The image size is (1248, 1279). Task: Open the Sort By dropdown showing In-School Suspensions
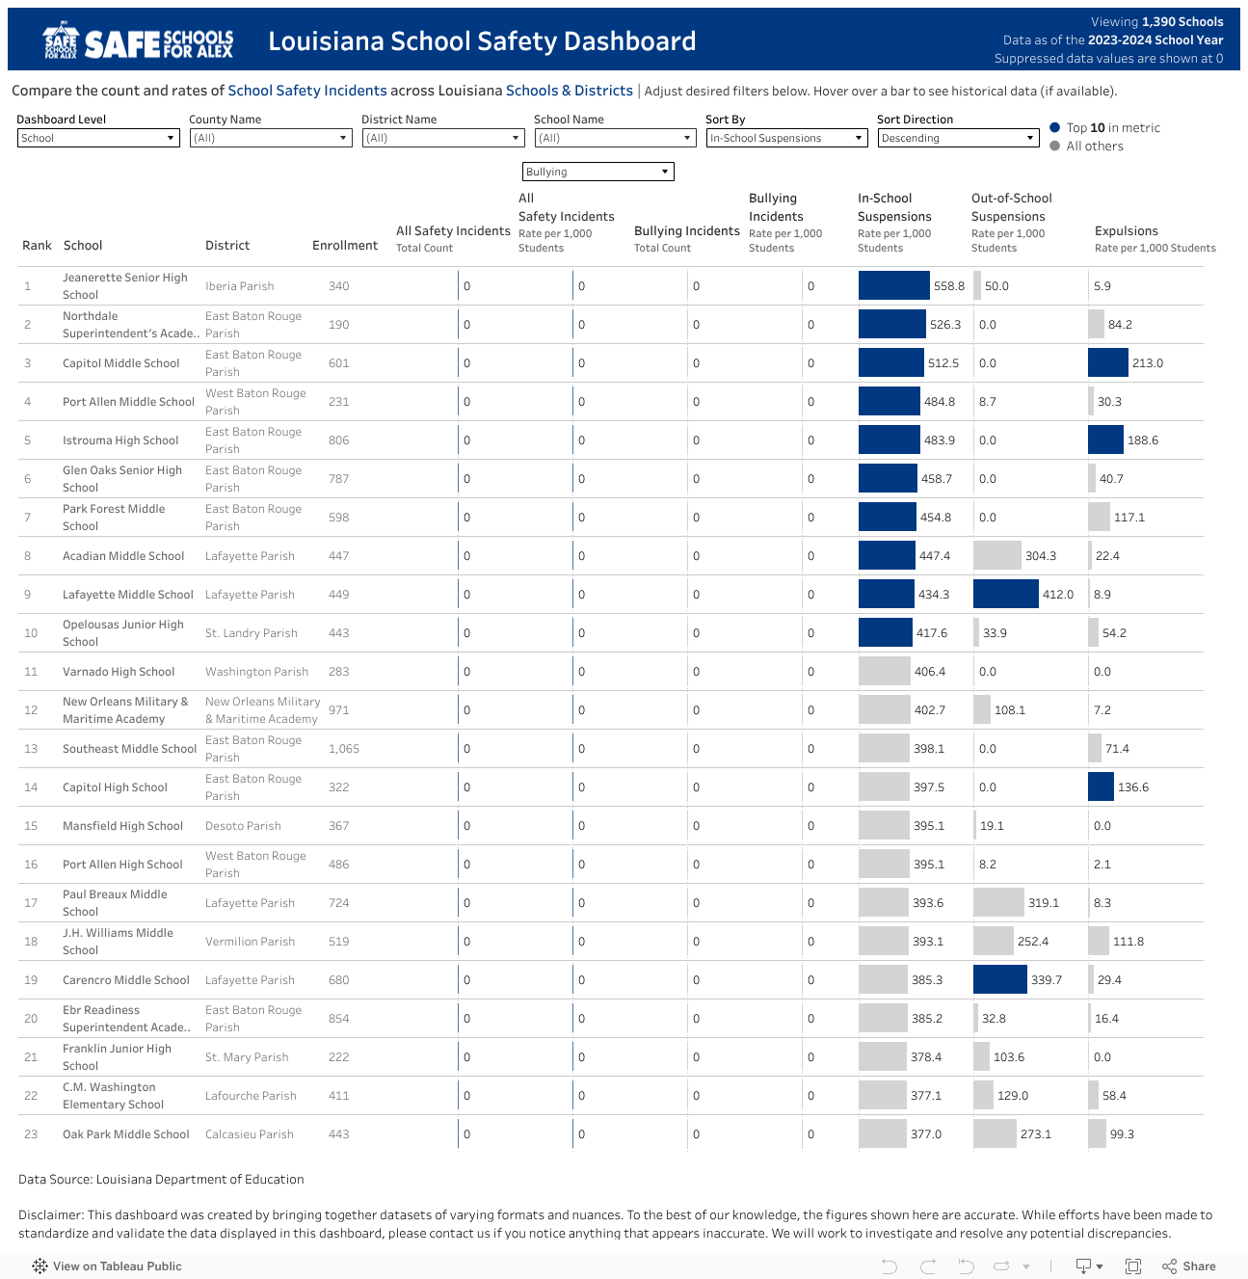tap(786, 138)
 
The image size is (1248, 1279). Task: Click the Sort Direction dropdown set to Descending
tap(958, 138)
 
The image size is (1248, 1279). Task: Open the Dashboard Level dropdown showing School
tap(98, 138)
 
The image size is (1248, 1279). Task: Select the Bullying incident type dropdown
tap(597, 172)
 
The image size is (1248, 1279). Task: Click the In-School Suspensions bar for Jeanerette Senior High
tap(893, 286)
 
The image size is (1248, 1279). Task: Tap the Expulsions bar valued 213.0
tap(1107, 363)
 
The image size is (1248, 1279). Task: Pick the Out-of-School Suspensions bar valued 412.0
tap(1005, 595)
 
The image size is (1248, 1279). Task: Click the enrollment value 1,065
tap(343, 749)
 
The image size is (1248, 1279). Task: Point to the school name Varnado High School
tap(119, 672)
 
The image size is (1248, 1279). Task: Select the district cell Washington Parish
tap(256, 672)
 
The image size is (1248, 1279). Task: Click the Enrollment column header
tap(344, 246)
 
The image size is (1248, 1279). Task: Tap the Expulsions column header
tap(1126, 231)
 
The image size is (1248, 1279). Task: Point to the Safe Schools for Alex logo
tap(138, 41)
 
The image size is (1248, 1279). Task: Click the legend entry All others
tap(1094, 147)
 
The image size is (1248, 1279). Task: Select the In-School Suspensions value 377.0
tap(925, 1134)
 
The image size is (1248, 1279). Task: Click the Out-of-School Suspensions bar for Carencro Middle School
tap(999, 980)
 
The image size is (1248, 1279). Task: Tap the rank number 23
tap(31, 1134)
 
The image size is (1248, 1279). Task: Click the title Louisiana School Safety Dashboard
tap(482, 41)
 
